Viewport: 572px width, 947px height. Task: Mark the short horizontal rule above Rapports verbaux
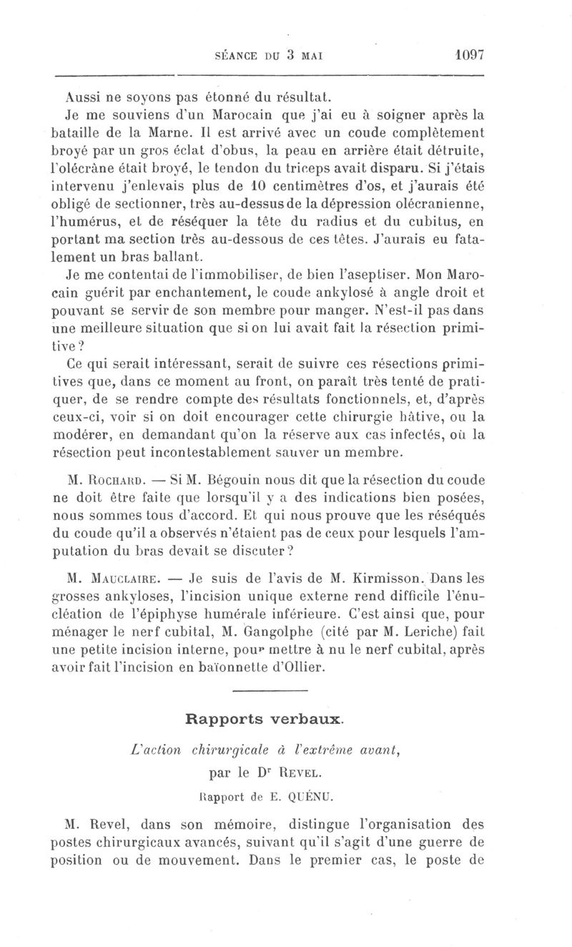pyautogui.click(x=270, y=691)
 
